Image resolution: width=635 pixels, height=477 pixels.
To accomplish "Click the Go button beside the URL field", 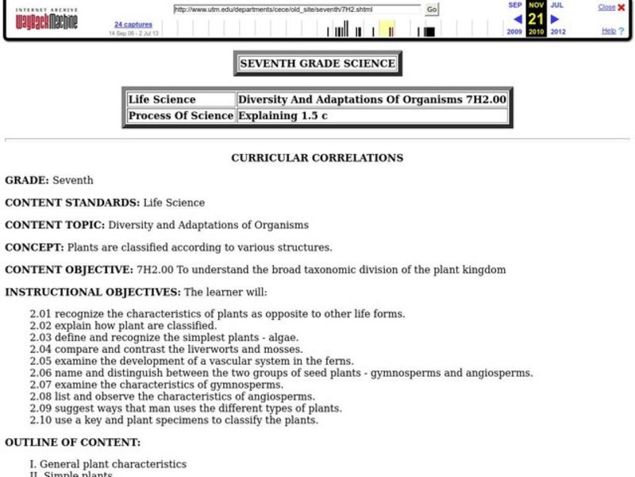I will coord(432,10).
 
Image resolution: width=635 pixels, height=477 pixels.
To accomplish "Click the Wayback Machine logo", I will coord(43,19).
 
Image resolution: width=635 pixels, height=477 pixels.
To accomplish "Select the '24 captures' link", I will coord(133,25).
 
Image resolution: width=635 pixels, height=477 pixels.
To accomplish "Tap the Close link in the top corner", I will coord(606,7).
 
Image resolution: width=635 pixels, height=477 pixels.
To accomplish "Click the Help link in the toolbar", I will coord(608,31).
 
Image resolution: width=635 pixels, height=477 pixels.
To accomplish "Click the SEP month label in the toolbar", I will coord(515,5).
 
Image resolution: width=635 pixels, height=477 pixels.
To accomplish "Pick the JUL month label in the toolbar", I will coord(556,5).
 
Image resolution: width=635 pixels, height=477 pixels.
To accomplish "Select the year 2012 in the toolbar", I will coord(557,33).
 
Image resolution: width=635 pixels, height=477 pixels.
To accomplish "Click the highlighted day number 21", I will coord(536,18).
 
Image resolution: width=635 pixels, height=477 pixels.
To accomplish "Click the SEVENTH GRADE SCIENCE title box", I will coord(317,64).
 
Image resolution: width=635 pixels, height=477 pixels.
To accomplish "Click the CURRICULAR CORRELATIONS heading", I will coord(317,158).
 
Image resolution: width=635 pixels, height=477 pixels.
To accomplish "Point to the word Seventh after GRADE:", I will coord(73,180).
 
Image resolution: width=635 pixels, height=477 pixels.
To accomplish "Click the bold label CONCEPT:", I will coord(34,247).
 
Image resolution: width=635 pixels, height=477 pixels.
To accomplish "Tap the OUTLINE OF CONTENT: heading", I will coord(72,442).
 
